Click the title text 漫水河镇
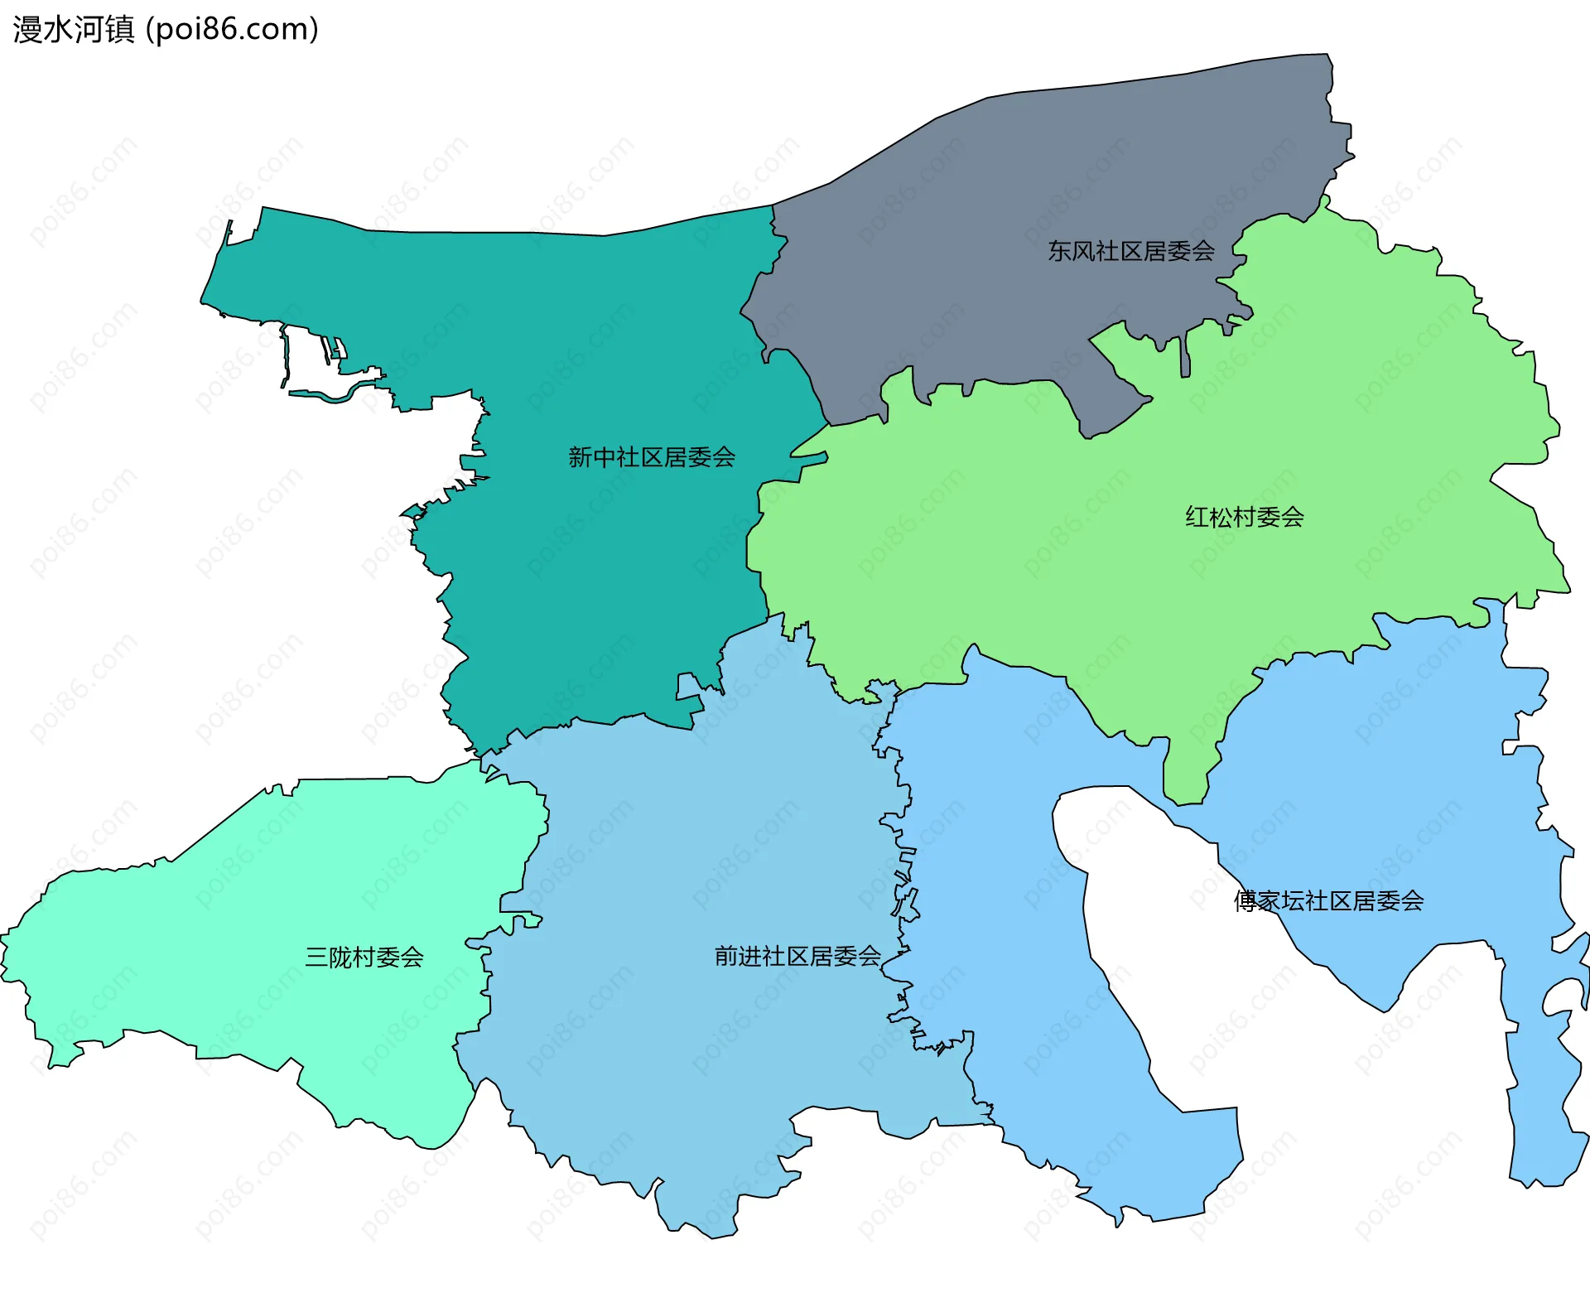click(x=73, y=29)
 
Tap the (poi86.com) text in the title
click(x=232, y=29)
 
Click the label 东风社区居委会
click(x=1131, y=251)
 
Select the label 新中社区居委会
click(x=652, y=457)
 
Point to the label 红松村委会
click(x=1245, y=518)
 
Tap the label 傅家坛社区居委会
click(x=1328, y=901)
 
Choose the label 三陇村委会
click(x=364, y=958)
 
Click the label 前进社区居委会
click(x=797, y=957)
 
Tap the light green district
click(x=1077, y=563)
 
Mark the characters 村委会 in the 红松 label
click(x=1269, y=518)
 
